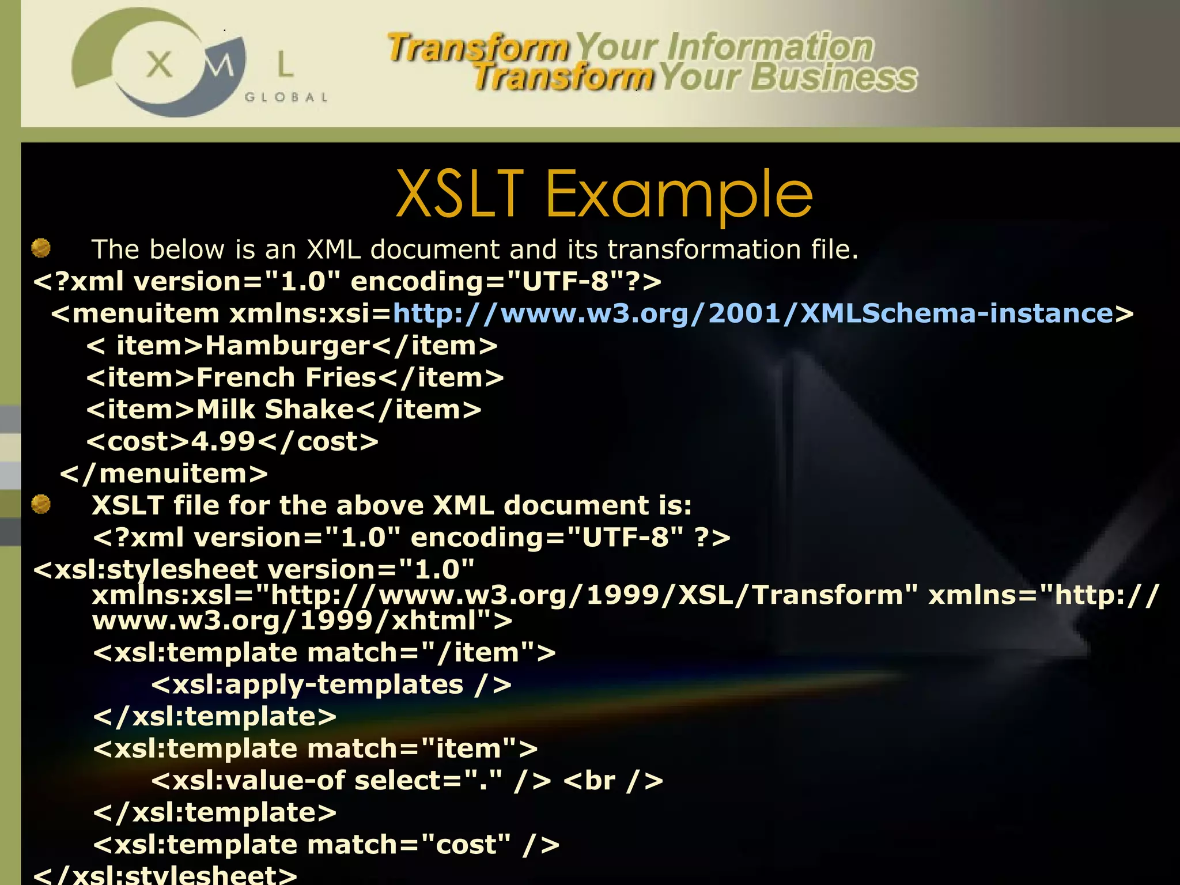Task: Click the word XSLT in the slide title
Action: click(459, 194)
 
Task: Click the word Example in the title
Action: click(678, 196)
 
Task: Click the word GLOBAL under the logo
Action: click(286, 97)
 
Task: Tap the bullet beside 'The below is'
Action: click(41, 248)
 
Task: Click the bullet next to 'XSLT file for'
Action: click(41, 504)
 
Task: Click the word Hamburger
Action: click(288, 346)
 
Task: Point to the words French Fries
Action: click(286, 378)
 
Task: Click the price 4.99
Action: click(223, 442)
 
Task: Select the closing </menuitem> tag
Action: click(164, 474)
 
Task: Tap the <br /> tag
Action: click(613, 781)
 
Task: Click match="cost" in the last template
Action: click(409, 845)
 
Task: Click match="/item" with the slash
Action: click(421, 653)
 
